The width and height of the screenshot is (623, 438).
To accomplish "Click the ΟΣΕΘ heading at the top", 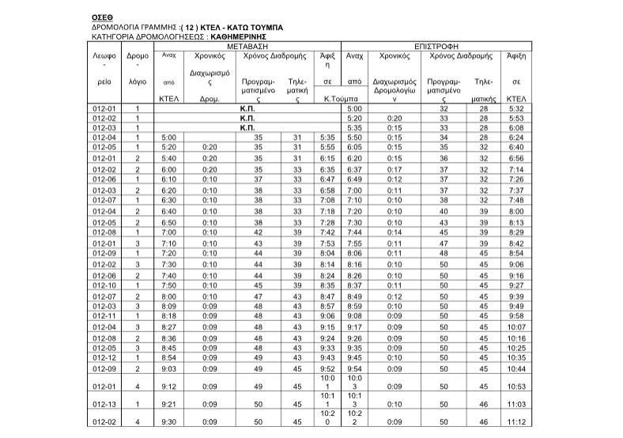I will click(x=103, y=16).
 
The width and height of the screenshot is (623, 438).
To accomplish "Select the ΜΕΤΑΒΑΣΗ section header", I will click(x=247, y=46).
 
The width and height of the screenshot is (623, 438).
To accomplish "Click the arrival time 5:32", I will click(x=517, y=108).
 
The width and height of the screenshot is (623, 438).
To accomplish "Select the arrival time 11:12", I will click(x=516, y=422).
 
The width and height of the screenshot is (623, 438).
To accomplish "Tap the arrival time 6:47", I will click(x=328, y=179).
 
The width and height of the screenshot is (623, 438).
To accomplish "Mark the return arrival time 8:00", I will click(x=517, y=211).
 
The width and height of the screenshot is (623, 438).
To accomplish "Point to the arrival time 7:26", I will click(x=517, y=179).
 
